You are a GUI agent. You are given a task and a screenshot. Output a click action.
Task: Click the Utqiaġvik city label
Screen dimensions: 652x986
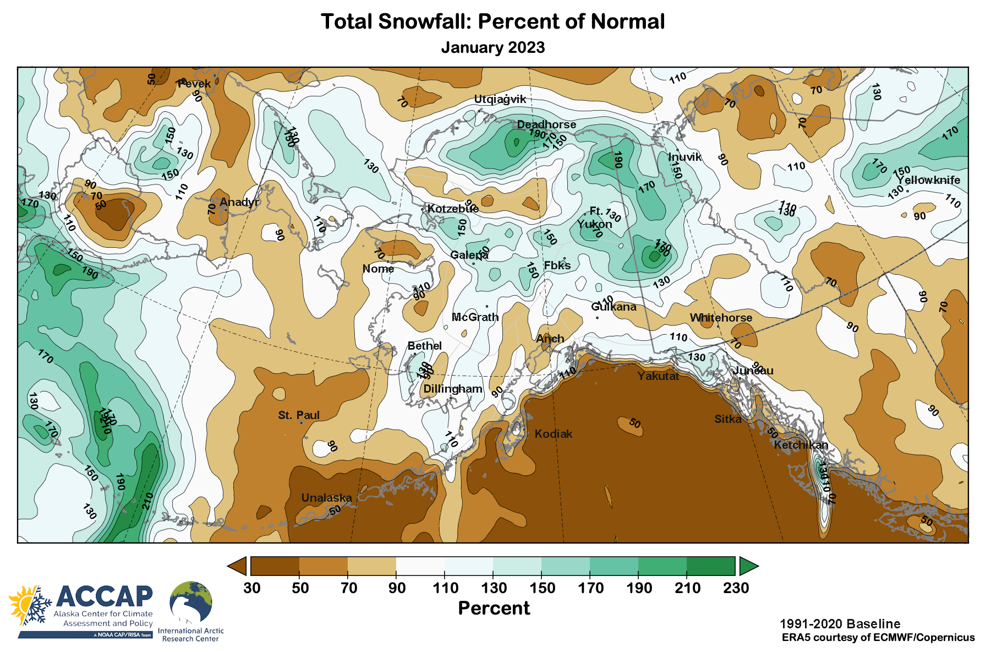click(500, 99)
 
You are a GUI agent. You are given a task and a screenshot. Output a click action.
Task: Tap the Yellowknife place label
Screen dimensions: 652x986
click(928, 180)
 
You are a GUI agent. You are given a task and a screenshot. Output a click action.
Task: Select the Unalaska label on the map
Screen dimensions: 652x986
click(326, 498)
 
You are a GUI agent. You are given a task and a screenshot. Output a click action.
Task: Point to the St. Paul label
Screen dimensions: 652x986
click(299, 415)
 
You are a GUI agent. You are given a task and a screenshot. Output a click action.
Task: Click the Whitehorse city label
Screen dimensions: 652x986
click(721, 318)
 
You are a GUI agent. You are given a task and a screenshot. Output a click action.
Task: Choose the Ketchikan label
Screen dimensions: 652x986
click(801, 445)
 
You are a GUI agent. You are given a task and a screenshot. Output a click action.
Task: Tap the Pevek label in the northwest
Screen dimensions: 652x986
click(194, 84)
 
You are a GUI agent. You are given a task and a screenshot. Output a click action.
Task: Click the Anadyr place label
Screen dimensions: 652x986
click(239, 202)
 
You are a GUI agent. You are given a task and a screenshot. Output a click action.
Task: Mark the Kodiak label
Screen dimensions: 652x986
click(554, 434)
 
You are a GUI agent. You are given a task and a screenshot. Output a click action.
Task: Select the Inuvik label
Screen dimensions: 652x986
click(685, 157)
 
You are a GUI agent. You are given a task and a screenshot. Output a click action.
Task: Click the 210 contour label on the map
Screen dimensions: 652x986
click(147, 501)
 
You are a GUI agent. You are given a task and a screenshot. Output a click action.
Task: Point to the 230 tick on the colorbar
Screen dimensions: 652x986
click(736, 588)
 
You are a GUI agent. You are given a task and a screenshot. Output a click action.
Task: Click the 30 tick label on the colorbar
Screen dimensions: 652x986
click(252, 588)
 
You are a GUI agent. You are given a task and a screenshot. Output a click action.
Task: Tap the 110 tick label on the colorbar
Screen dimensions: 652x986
click(445, 588)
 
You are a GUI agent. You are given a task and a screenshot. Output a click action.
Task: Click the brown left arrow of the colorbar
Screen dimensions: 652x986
click(237, 566)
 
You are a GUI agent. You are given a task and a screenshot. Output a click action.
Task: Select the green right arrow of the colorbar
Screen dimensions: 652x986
click(748, 566)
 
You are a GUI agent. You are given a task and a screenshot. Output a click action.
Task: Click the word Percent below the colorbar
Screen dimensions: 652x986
click(494, 608)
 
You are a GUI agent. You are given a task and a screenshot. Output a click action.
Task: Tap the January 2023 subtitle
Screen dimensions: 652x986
click(492, 47)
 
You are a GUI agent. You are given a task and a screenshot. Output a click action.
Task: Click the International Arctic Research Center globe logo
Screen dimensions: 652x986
click(190, 604)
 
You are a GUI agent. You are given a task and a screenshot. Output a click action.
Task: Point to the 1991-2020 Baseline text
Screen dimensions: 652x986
click(840, 624)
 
